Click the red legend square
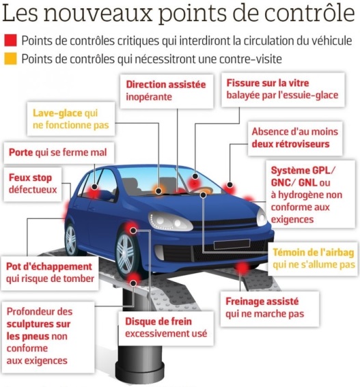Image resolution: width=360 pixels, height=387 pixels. (x=10, y=40)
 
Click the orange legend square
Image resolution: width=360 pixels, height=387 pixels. (x=10, y=59)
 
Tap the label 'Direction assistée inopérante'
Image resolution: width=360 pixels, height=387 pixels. (x=167, y=91)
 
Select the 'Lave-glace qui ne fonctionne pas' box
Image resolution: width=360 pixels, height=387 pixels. (x=71, y=119)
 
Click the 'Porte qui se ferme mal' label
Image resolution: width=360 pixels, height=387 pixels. (x=59, y=152)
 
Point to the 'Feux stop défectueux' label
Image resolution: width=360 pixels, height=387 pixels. (x=33, y=184)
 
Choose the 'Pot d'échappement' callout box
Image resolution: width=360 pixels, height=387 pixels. (x=50, y=273)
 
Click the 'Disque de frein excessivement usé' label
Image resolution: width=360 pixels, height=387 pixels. (x=166, y=328)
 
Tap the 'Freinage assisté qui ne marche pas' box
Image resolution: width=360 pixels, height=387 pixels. (x=270, y=309)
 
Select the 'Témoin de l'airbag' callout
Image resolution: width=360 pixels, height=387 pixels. (x=314, y=259)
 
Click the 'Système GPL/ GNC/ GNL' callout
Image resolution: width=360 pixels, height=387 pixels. (x=310, y=195)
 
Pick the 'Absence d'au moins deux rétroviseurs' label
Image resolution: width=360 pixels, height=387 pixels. (x=295, y=138)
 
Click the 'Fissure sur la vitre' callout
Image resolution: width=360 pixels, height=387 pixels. (x=283, y=89)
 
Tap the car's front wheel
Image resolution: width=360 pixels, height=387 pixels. (x=126, y=254)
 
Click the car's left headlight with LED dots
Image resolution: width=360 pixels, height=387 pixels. (x=169, y=221)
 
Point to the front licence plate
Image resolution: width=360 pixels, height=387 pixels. (x=232, y=244)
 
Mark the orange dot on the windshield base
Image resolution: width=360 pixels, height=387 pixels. (x=158, y=190)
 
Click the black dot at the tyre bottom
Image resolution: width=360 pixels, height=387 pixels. (x=133, y=283)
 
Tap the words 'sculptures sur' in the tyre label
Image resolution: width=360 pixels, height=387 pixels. (x=38, y=324)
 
